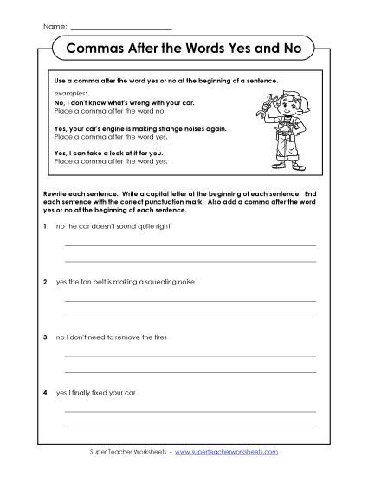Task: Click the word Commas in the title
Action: tap(94, 49)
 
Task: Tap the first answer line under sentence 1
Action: tap(190, 245)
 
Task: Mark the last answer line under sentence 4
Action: tap(190, 427)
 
